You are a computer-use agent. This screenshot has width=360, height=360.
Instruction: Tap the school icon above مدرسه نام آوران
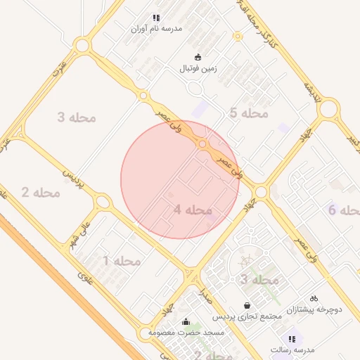156,18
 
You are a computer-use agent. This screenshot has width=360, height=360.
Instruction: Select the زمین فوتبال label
198,69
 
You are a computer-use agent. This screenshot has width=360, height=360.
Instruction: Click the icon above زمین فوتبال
198,58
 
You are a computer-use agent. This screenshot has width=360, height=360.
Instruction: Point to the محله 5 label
249,112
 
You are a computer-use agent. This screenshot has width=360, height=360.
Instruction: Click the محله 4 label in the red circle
193,210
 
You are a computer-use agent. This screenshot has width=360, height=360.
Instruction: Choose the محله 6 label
344,210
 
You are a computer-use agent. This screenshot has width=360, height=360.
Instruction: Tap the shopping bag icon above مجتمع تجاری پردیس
247,305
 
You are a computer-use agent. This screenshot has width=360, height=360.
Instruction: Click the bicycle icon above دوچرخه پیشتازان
314,298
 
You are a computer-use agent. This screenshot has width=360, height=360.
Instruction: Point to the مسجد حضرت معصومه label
186,332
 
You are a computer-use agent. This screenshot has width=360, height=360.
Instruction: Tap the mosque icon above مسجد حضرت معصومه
186,322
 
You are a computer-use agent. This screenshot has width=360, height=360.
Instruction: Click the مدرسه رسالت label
292,349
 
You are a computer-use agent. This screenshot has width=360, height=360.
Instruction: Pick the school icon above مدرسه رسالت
292,339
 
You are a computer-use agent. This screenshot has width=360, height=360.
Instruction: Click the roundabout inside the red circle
202,144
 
